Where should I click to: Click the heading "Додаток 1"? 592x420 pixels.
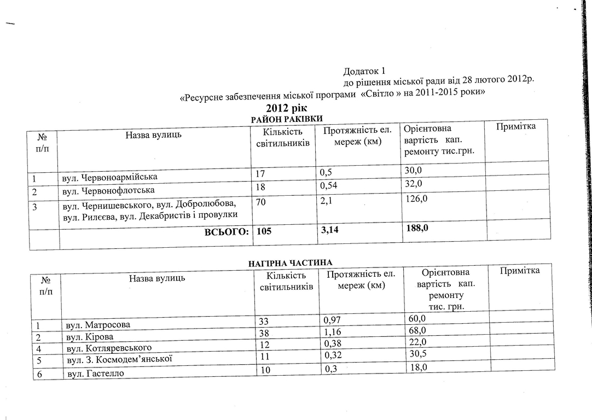tap(364, 72)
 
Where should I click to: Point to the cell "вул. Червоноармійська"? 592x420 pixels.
tap(109, 177)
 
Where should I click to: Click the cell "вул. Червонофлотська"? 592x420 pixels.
tap(108, 190)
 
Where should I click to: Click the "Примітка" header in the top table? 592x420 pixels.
tap(515, 127)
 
